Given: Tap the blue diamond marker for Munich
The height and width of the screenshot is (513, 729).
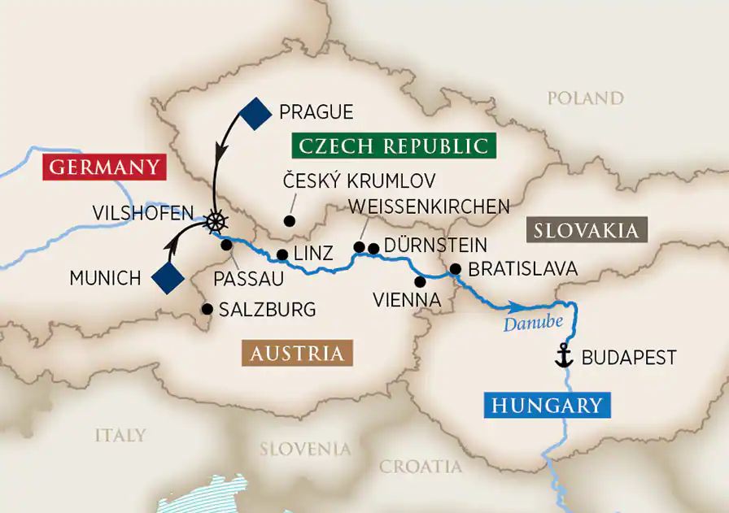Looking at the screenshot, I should [168, 277].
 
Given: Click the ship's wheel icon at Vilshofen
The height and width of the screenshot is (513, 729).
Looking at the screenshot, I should [216, 221].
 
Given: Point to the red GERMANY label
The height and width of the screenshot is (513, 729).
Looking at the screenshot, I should [104, 167].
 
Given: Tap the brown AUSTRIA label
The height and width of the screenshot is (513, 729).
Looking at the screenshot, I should [296, 354].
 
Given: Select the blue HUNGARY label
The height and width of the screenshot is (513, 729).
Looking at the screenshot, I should [546, 405].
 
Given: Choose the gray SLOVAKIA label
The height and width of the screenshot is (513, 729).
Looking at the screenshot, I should [587, 230].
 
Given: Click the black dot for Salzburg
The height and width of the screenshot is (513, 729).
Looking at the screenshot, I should [207, 309].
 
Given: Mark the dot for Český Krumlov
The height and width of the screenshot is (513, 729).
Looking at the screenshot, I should [287, 220].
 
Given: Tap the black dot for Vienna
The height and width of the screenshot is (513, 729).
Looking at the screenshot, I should [420, 282].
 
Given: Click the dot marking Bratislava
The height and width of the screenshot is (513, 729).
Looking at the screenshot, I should [455, 269].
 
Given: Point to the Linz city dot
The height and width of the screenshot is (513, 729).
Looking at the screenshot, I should [282, 254].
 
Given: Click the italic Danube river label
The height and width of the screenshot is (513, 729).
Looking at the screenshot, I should [533, 324].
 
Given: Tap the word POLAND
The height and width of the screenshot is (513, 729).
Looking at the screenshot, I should [585, 98].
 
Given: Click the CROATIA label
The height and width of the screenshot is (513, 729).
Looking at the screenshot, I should [420, 467].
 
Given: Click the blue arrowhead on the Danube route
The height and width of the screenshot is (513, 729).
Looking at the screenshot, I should [513, 307].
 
